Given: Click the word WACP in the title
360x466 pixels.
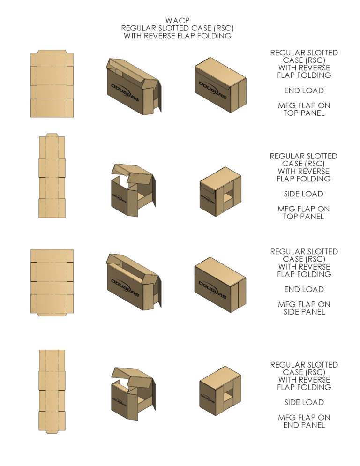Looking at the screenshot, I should (x=177, y=20).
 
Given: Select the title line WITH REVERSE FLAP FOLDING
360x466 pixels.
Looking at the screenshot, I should (x=177, y=36).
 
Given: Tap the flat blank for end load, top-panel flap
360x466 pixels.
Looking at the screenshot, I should (x=52, y=84).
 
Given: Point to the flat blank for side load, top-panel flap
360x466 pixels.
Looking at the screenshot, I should (x=52, y=176).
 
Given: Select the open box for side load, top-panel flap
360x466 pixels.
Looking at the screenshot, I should (x=133, y=189).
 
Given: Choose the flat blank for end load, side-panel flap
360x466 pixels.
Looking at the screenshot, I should (x=52, y=282).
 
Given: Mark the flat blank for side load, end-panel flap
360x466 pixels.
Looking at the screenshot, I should (x=52, y=391).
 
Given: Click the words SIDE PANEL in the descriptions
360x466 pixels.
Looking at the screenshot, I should (x=304, y=312).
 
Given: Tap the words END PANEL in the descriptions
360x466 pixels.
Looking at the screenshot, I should (x=304, y=425).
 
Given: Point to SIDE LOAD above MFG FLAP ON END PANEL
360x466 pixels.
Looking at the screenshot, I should (x=304, y=402).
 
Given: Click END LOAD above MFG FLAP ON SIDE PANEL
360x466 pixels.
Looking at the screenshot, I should (x=304, y=289).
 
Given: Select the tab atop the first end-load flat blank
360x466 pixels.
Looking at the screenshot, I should (x=52, y=51).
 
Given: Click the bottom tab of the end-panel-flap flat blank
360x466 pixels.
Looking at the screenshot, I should (x=52, y=432).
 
